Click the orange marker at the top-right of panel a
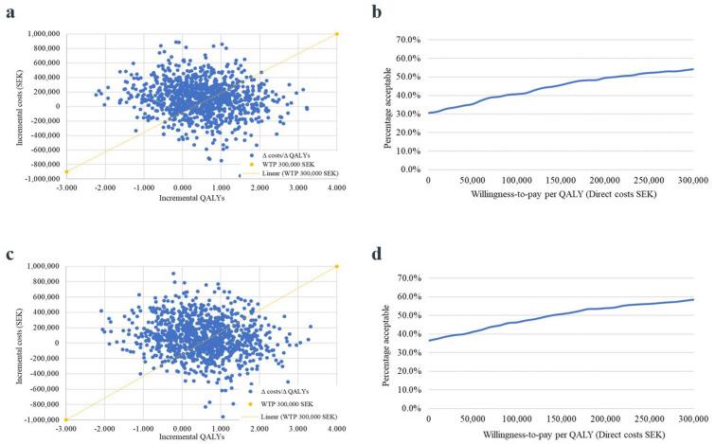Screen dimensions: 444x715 tap(337, 33)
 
